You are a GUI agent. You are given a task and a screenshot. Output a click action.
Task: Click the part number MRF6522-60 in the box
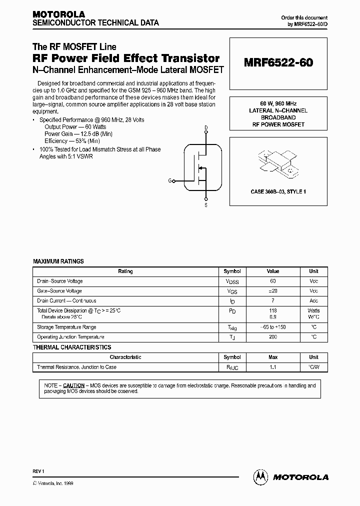click(278, 63)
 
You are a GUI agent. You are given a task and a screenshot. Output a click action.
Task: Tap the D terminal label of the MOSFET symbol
click(206, 128)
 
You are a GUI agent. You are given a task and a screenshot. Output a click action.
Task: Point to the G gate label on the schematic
click(169, 180)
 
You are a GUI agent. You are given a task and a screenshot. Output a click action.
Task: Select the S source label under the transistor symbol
click(206, 205)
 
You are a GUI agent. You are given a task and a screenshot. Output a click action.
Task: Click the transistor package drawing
click(277, 163)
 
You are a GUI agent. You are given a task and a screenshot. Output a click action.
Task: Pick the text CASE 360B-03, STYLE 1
click(278, 192)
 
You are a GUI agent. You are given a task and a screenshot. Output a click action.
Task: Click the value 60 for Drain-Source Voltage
click(273, 281)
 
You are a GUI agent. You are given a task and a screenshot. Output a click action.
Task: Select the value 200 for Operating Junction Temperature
click(273, 337)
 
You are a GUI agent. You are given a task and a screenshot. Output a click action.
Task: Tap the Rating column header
click(125, 271)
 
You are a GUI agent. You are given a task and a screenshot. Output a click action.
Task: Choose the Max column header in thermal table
click(273, 357)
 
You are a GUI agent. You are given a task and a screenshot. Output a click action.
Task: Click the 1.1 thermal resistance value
click(273, 367)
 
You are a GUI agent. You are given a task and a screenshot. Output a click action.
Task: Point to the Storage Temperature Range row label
click(66, 327)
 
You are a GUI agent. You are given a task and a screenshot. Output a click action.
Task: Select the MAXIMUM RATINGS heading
click(58, 261)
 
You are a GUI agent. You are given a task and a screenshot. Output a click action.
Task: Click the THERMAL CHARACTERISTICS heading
click(72, 347)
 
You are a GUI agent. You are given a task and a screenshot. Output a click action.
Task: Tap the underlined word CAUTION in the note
click(74, 385)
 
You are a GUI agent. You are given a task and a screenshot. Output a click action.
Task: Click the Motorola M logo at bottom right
click(261, 477)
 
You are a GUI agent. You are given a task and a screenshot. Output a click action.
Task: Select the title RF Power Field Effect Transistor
click(126, 58)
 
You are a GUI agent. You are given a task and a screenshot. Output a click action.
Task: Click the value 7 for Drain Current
click(273, 301)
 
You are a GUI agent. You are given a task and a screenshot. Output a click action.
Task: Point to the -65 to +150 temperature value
click(273, 327)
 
